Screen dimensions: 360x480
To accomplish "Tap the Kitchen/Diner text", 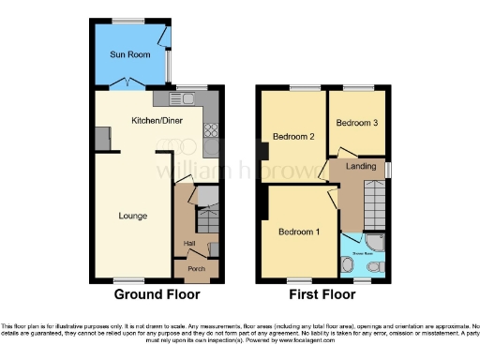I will point(156,121).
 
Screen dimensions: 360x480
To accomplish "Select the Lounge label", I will point(132,217).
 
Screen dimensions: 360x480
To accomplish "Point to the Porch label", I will point(196,269).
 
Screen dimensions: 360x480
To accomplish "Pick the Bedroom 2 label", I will point(292,137).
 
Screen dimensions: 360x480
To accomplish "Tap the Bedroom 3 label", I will point(357,123).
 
